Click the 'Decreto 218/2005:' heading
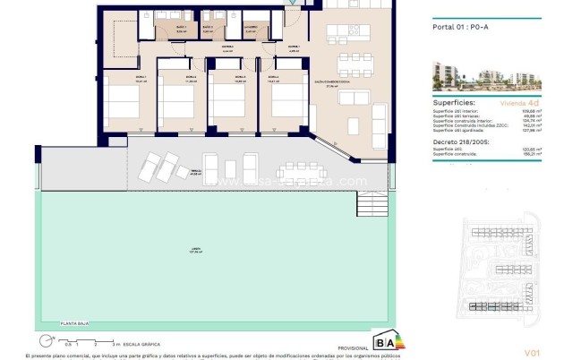click(x=450, y=141)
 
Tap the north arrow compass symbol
click(x=44, y=340)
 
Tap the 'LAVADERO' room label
click(x=254, y=27)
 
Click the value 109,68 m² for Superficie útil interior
click(x=514, y=109)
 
